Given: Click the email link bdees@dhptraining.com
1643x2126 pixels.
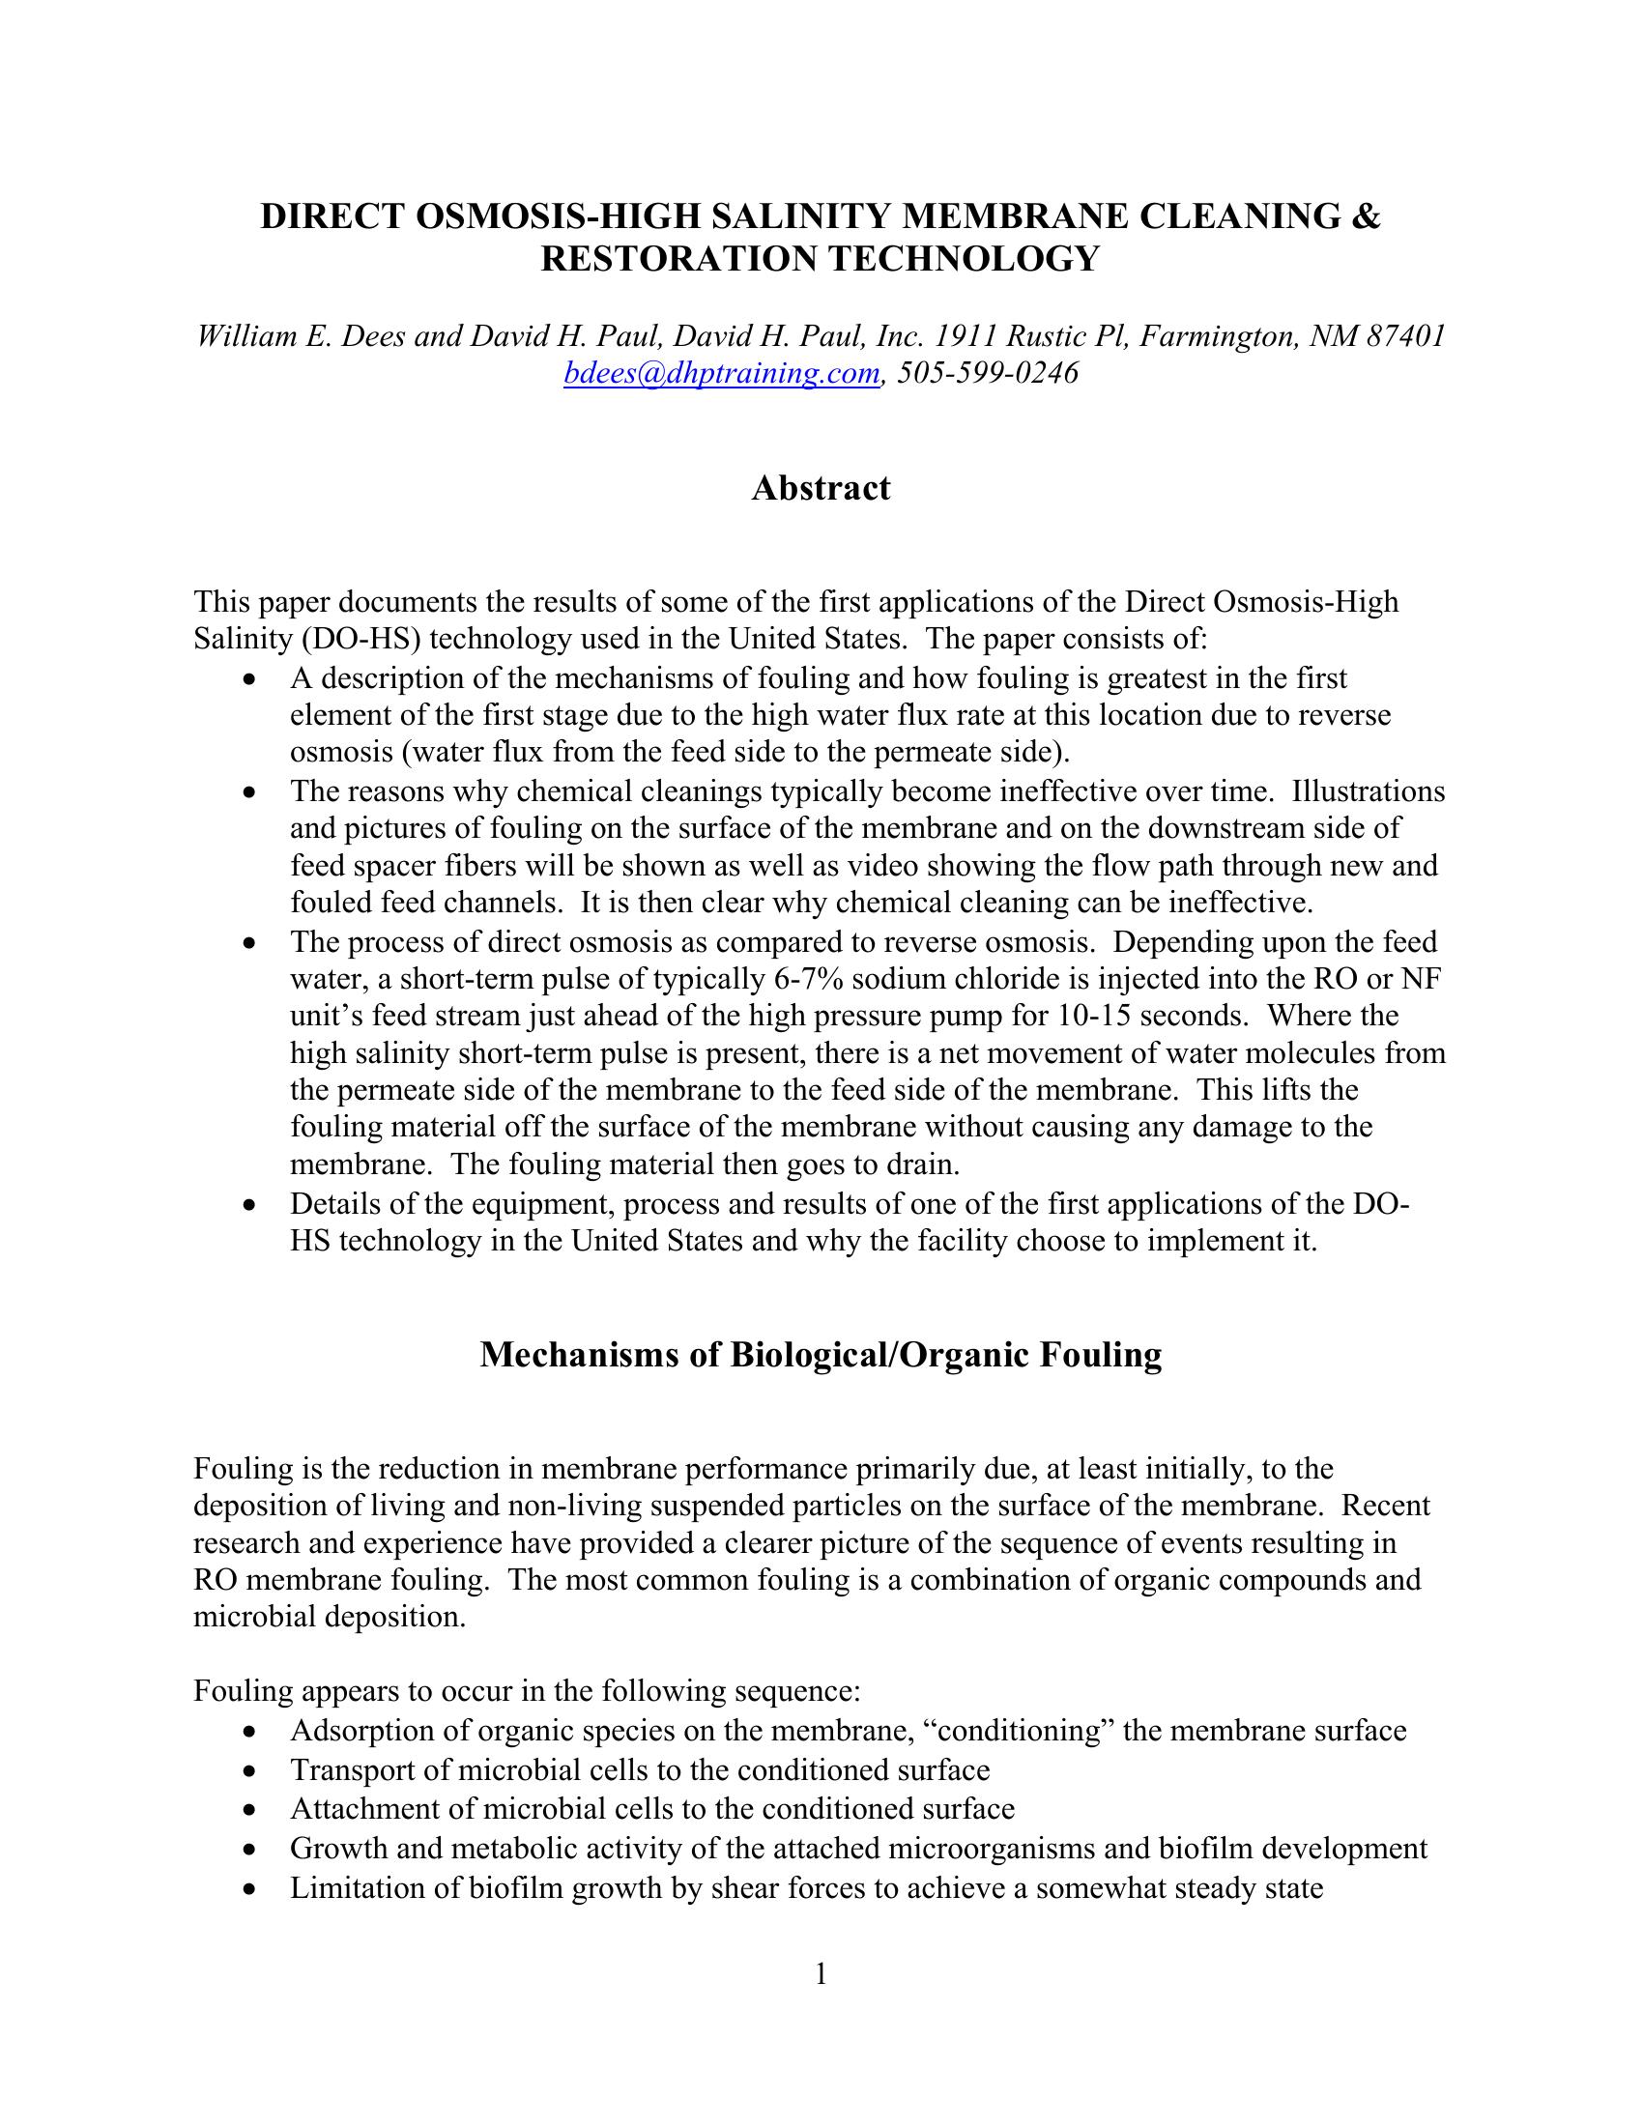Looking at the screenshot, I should [721, 374].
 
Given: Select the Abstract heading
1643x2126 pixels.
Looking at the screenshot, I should [821, 488].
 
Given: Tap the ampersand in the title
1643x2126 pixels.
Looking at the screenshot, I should [1367, 216].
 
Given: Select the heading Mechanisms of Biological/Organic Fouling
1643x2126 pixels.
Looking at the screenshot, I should [821, 1355].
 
